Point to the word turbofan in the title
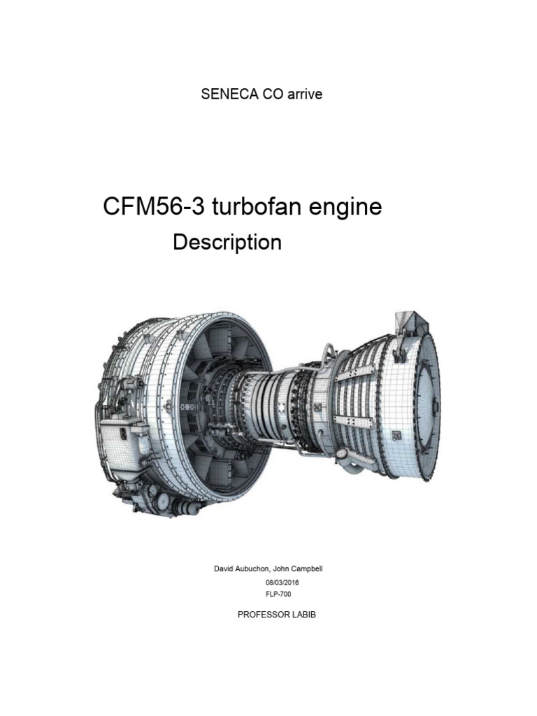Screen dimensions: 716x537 click(x=245, y=208)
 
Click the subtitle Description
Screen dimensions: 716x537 click(x=227, y=242)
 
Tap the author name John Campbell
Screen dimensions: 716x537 click(x=298, y=569)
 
